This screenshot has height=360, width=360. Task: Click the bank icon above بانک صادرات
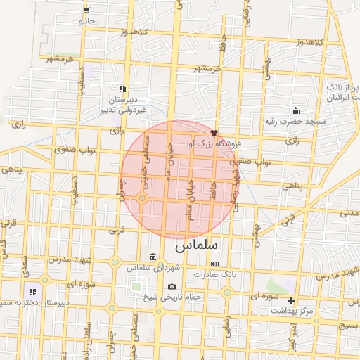[x=214, y=264]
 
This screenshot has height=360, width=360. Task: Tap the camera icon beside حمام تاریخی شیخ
[x=172, y=287]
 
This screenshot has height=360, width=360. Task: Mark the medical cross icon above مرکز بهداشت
[x=292, y=300]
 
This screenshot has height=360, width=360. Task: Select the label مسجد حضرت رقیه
[x=302, y=122]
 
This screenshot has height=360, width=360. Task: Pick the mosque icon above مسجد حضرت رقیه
[x=295, y=110]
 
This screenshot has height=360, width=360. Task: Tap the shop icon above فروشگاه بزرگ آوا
[x=214, y=132]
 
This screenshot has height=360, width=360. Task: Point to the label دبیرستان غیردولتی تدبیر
[x=123, y=104]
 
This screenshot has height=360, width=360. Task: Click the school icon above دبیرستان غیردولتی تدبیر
[x=123, y=89]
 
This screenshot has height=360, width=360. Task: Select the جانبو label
[x=86, y=21]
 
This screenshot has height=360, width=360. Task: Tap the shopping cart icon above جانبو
[x=86, y=11]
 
